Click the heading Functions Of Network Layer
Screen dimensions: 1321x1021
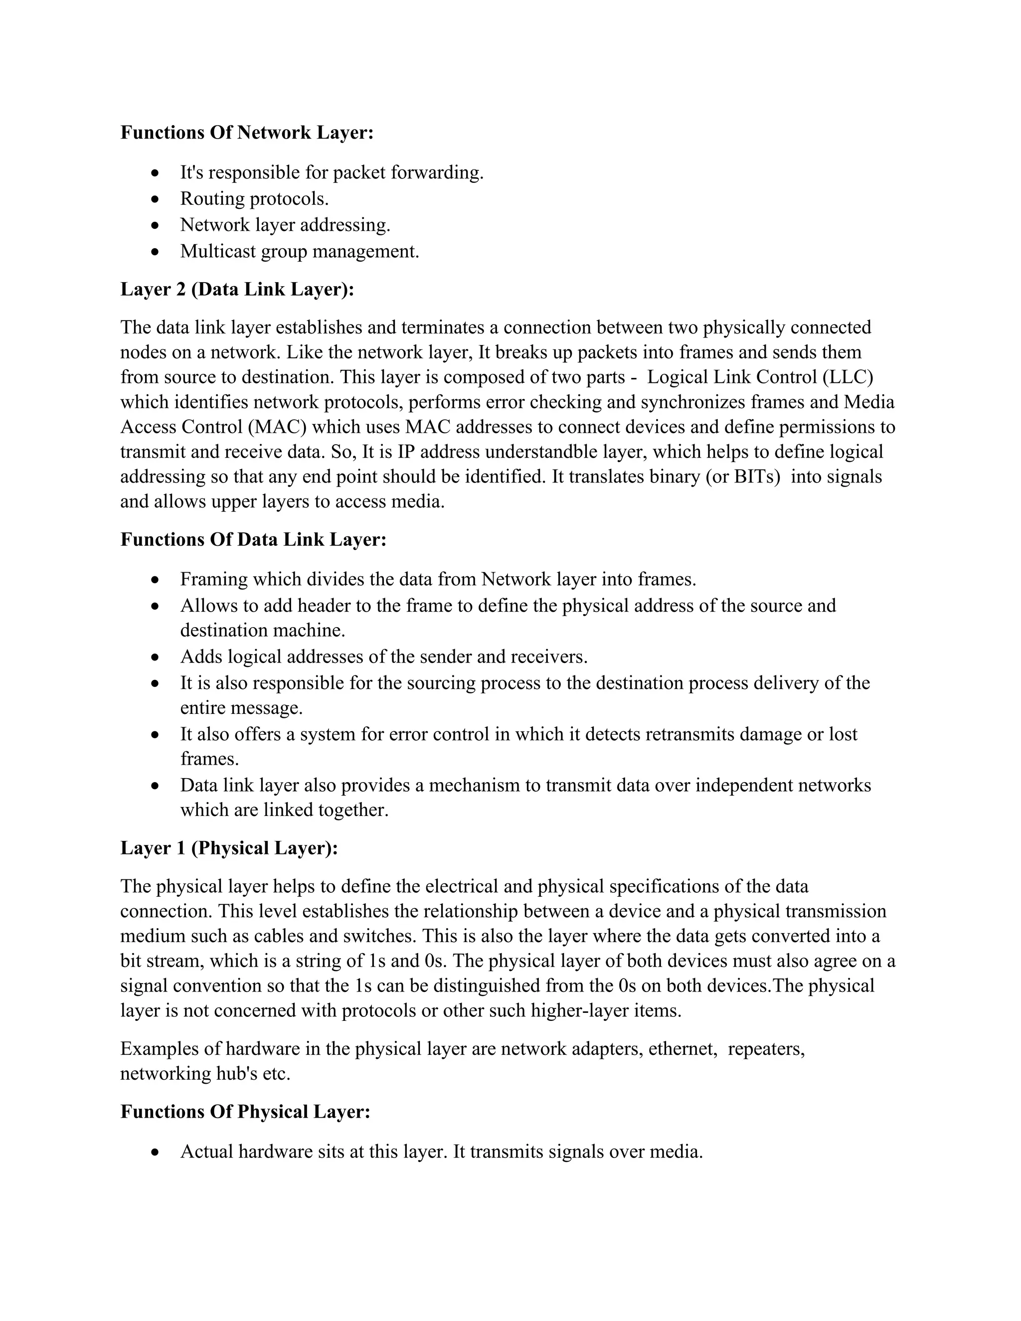tap(247, 133)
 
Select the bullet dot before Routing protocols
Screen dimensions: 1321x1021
tap(156, 199)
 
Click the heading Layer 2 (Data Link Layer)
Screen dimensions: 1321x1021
tap(237, 289)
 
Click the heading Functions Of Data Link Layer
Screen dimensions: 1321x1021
tap(253, 539)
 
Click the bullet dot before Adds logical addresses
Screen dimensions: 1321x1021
tap(156, 657)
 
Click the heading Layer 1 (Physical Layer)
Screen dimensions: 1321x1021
tap(229, 848)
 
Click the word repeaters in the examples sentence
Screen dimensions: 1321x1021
tap(766, 1048)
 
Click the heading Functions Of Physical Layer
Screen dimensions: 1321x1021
tap(245, 1111)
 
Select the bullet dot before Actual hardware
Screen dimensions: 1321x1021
tap(156, 1152)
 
